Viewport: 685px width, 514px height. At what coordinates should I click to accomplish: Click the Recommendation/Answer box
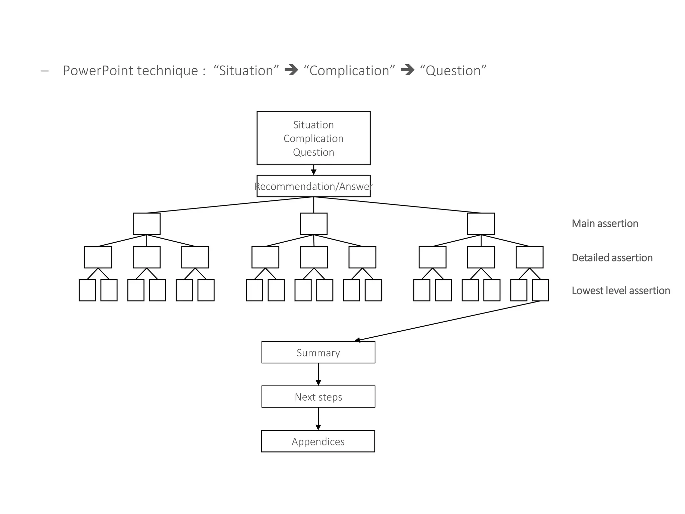tap(313, 186)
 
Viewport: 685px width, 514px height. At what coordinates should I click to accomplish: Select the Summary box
tap(318, 352)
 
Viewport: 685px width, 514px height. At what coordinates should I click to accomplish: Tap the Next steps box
tap(318, 397)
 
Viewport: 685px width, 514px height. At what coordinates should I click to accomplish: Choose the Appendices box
tap(318, 441)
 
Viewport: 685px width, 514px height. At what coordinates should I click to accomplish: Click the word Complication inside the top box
tap(313, 139)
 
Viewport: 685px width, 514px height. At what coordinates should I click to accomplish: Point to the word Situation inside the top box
tap(313, 125)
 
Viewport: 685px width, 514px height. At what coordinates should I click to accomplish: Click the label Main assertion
tap(605, 224)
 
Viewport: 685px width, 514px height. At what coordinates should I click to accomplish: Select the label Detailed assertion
tap(612, 258)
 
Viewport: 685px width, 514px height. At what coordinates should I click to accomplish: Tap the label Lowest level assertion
tap(620, 290)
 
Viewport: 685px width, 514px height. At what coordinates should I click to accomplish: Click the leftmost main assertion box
tap(146, 224)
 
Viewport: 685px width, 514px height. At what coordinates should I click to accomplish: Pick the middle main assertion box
tap(313, 224)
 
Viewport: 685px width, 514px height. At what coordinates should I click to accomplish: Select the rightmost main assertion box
tap(481, 224)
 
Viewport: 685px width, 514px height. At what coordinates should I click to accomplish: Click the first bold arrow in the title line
tap(291, 70)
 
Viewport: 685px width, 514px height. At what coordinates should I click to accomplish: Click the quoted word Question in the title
tap(453, 71)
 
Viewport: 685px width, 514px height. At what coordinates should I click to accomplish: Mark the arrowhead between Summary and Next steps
tap(318, 382)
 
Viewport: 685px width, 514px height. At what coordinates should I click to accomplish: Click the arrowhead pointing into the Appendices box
tap(318, 427)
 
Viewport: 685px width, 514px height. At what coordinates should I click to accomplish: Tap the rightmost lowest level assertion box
tap(540, 290)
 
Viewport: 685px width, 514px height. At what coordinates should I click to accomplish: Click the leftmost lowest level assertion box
tap(87, 290)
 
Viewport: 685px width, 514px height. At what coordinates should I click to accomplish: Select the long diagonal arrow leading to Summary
tap(448, 321)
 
